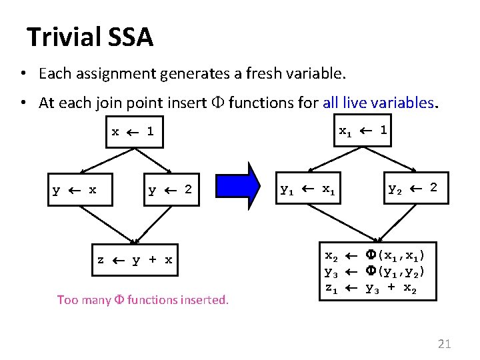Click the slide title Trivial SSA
[90, 37]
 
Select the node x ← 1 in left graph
[133, 132]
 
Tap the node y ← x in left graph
[75, 190]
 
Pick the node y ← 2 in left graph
[170, 190]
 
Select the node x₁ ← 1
[363, 131]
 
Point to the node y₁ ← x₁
[307, 189]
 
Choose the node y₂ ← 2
[413, 189]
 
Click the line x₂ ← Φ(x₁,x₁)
[375, 256]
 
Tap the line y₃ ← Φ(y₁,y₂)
[375, 272]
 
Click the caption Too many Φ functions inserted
[143, 300]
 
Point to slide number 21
[444, 344]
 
